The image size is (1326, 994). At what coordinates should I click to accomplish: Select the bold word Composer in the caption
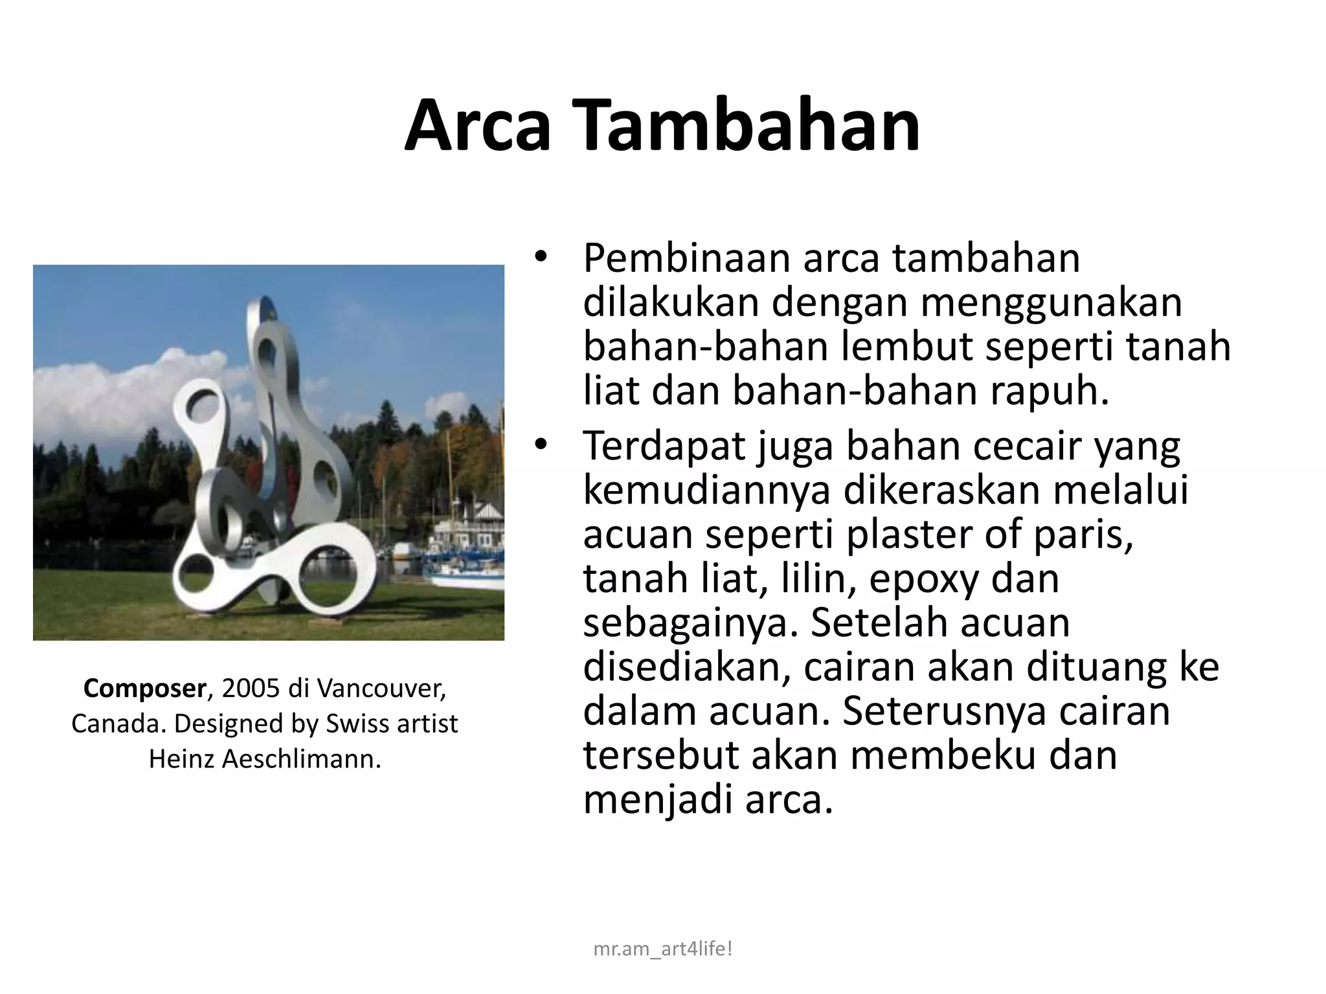(144, 688)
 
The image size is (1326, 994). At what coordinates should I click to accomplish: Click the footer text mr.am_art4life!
(662, 949)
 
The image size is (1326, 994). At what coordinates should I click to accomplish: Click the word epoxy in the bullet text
(923, 579)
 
